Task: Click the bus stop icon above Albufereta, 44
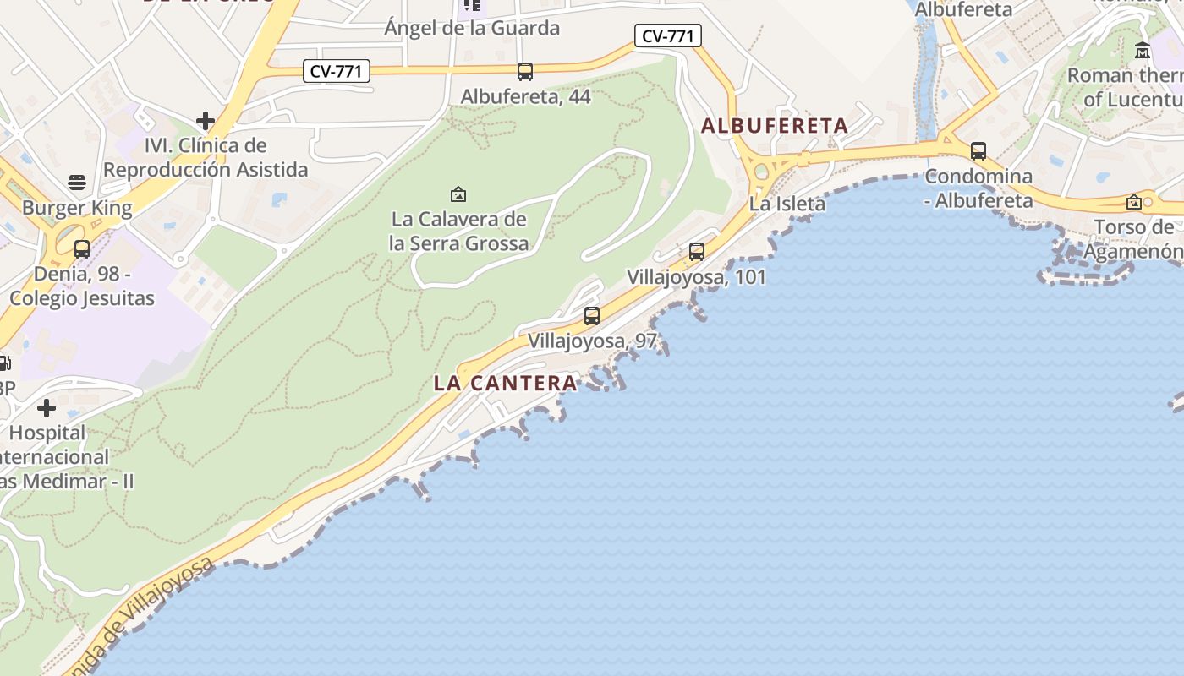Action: [x=525, y=72]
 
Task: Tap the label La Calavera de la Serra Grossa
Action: [x=458, y=232]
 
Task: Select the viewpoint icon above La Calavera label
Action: [x=458, y=195]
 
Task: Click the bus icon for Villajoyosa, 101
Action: [x=697, y=251]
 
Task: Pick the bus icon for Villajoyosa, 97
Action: [x=592, y=316]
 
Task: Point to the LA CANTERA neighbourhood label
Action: [x=505, y=383]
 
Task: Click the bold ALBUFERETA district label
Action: [x=774, y=126]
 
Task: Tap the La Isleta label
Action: [x=787, y=204]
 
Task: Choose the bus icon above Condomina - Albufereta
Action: [x=978, y=151]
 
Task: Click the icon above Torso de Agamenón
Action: [x=1134, y=202]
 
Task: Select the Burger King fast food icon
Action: [x=77, y=183]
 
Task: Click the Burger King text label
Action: [x=77, y=208]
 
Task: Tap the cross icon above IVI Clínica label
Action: [x=205, y=121]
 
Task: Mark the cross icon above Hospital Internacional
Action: [x=47, y=409]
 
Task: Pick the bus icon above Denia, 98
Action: [x=82, y=249]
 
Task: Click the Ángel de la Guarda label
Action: [x=472, y=28]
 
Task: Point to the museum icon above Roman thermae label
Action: [x=1143, y=51]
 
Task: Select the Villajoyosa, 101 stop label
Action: [x=696, y=277]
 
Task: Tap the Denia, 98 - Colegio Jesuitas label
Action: [x=82, y=286]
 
